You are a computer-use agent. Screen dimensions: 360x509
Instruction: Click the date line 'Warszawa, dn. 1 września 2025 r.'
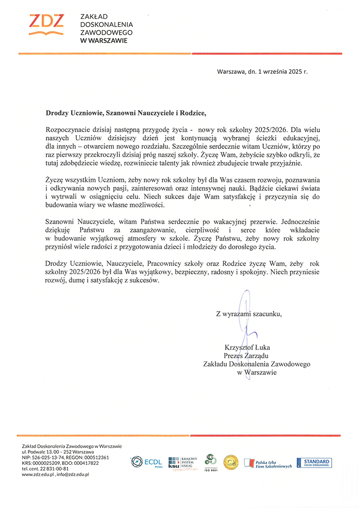(262, 71)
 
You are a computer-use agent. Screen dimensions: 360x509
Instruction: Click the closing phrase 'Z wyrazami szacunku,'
(249, 314)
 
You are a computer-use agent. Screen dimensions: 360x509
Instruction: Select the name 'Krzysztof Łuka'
(247, 347)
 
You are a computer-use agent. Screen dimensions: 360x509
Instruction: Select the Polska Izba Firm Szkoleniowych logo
(268, 463)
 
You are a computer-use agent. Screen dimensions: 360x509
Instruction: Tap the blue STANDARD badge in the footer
(316, 462)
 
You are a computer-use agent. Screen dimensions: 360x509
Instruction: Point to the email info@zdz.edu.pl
(74, 474)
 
